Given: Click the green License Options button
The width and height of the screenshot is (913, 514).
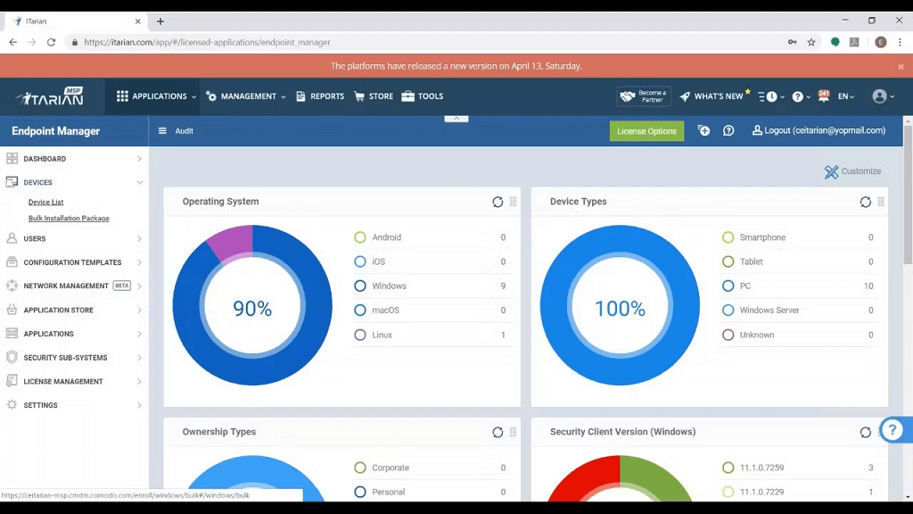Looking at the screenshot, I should [646, 131].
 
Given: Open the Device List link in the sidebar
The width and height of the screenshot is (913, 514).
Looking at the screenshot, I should [45, 203].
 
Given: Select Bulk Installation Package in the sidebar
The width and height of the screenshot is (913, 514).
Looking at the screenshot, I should [69, 219].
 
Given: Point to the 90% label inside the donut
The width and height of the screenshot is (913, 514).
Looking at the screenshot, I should [252, 309].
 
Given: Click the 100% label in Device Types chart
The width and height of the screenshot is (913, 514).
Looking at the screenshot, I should [620, 309].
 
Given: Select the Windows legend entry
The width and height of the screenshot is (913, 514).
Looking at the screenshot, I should [389, 286].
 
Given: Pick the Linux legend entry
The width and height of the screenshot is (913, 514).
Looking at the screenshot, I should [382, 336].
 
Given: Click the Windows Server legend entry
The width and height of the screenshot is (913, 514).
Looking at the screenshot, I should [769, 311].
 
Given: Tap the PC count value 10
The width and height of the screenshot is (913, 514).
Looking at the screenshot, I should [868, 286].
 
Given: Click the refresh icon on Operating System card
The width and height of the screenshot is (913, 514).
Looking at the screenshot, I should [498, 202].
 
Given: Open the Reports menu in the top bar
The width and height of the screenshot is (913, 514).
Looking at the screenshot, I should [320, 96].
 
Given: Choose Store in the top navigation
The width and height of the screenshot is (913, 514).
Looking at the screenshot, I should [374, 96].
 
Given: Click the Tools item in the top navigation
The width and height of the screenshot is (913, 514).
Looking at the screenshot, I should [423, 96].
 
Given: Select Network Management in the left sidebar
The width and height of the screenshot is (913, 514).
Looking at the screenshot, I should [66, 286].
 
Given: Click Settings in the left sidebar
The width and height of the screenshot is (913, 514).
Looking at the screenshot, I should [40, 405].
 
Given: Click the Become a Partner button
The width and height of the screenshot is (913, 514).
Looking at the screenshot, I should [644, 96].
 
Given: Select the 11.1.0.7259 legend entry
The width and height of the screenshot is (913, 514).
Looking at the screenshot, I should [761, 468].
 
